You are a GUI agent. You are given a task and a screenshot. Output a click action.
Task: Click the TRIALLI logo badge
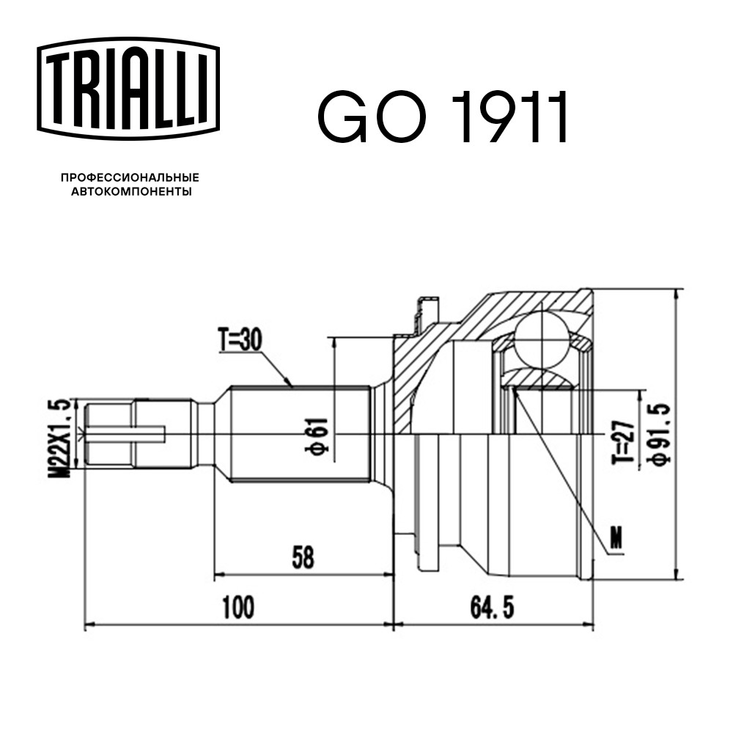tap(128, 89)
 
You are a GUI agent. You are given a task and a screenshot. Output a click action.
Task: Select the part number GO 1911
tap(443, 117)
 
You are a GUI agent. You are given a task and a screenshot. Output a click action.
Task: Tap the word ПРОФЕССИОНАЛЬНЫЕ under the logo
tap(130, 177)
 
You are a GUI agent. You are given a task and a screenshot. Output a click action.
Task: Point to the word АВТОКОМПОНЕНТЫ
tap(131, 191)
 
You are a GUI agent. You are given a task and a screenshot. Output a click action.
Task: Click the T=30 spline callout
tap(240, 340)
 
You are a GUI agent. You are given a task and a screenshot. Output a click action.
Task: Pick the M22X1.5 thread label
tap(62, 438)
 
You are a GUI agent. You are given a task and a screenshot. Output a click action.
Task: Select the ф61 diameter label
tap(317, 434)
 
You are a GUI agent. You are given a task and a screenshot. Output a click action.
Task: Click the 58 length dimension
tap(303, 557)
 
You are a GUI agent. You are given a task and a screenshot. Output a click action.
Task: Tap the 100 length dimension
tap(238, 607)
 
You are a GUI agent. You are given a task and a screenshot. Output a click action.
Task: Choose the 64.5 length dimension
tap(493, 607)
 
